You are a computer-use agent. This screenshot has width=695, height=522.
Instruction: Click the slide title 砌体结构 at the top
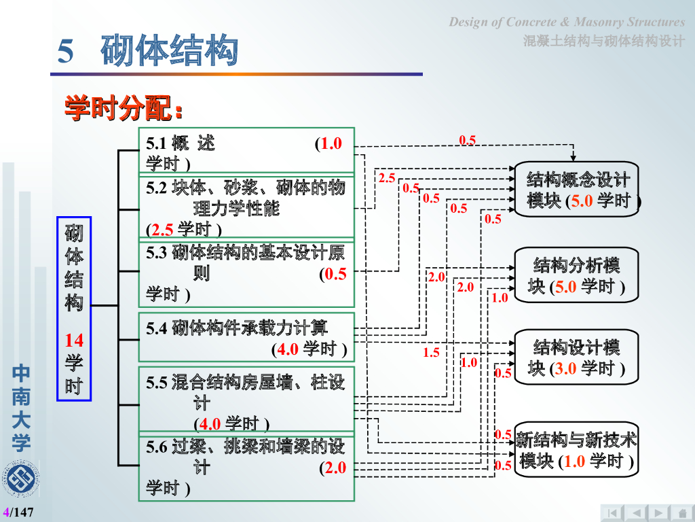pos(169,51)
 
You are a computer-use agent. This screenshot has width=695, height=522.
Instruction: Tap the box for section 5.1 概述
pos(246,150)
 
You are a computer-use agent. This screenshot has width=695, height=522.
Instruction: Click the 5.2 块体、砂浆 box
pos(246,206)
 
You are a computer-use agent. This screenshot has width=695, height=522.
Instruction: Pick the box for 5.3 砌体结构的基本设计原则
pos(246,273)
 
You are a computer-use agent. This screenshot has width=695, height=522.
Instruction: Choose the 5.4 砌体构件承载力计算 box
pos(246,337)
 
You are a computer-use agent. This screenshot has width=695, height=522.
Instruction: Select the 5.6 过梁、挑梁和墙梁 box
pos(246,467)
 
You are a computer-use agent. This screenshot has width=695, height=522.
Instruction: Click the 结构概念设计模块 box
pos(577,190)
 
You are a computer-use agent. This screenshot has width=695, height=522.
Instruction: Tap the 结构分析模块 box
pos(577,275)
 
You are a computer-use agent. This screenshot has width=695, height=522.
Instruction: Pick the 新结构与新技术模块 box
pos(577,450)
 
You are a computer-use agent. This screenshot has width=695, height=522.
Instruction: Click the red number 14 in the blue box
pos(74,341)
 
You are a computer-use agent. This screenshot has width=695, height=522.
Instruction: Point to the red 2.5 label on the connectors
pos(387,178)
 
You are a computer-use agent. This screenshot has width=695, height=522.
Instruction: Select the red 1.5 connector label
pos(432,352)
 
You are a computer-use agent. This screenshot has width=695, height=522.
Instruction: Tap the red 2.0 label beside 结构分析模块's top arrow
pos(436,277)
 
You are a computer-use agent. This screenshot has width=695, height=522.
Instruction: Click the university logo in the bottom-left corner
pos(18,478)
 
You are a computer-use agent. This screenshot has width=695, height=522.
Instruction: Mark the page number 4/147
pos(18,512)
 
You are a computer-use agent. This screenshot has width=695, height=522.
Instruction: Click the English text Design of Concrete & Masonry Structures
pos(567,22)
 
